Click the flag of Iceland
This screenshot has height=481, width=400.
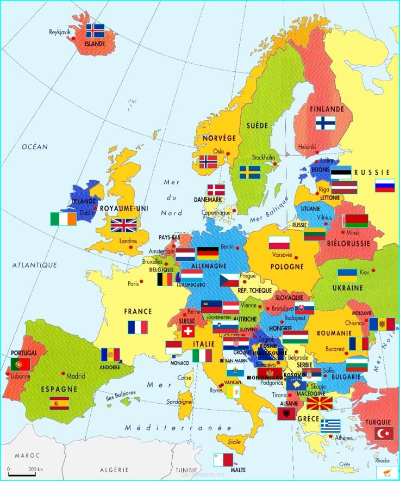(x=95, y=30)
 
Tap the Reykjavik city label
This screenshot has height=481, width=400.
(x=60, y=32)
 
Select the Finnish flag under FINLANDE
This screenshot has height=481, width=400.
(x=326, y=123)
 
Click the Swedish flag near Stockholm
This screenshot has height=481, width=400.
(x=250, y=172)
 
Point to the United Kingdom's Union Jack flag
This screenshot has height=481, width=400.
(x=124, y=225)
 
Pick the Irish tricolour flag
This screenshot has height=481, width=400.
(x=64, y=219)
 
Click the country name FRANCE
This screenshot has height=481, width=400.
(x=138, y=312)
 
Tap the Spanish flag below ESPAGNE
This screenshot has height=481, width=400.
(x=59, y=403)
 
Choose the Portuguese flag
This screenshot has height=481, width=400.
(x=20, y=364)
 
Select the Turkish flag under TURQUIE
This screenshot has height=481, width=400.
(x=384, y=434)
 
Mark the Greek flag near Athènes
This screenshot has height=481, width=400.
(x=330, y=425)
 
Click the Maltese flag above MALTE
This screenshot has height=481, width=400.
(x=223, y=459)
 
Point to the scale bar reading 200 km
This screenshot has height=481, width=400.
(x=22, y=471)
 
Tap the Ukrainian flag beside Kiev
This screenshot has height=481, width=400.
(x=347, y=275)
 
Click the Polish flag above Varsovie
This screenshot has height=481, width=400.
(x=279, y=243)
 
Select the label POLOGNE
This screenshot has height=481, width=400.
(x=287, y=267)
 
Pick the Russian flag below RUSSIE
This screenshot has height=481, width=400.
(x=385, y=186)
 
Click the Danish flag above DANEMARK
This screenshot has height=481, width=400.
(x=216, y=190)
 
